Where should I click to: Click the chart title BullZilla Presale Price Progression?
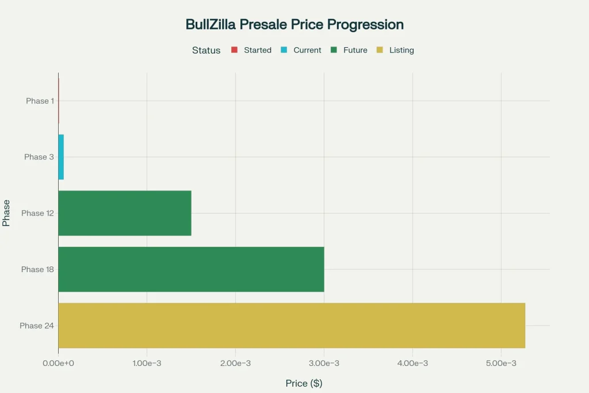[x=294, y=25]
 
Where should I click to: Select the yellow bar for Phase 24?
[x=292, y=325]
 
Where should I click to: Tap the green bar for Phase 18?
[x=191, y=269]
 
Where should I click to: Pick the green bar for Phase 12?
[x=125, y=213]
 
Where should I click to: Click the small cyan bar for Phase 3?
[x=61, y=157]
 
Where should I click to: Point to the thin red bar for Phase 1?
[x=59, y=101]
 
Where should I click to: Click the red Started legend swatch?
[x=234, y=50]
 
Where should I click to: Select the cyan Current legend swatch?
[x=284, y=50]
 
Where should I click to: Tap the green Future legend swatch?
[x=334, y=50]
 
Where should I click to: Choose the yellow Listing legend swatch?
[x=380, y=50]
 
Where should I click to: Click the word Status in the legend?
[x=206, y=50]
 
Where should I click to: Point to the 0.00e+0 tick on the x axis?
[x=59, y=363]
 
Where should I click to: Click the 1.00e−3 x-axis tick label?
[x=147, y=363]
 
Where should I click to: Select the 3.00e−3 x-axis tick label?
[x=324, y=363]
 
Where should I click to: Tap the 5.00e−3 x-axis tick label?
[x=502, y=363]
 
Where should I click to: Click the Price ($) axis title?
[x=304, y=383]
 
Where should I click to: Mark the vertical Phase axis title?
[x=6, y=213]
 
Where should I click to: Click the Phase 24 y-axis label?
[x=37, y=326]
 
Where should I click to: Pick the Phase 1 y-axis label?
[x=40, y=101]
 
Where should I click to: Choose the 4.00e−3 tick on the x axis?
[x=413, y=363]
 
